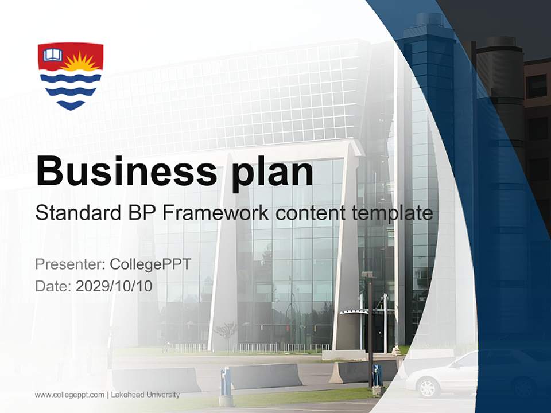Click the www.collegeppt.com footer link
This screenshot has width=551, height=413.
point(69,395)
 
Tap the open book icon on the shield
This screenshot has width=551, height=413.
point(53,55)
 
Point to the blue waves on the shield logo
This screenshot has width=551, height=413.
point(71,89)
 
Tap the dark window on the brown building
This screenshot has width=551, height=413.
point(537,86)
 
